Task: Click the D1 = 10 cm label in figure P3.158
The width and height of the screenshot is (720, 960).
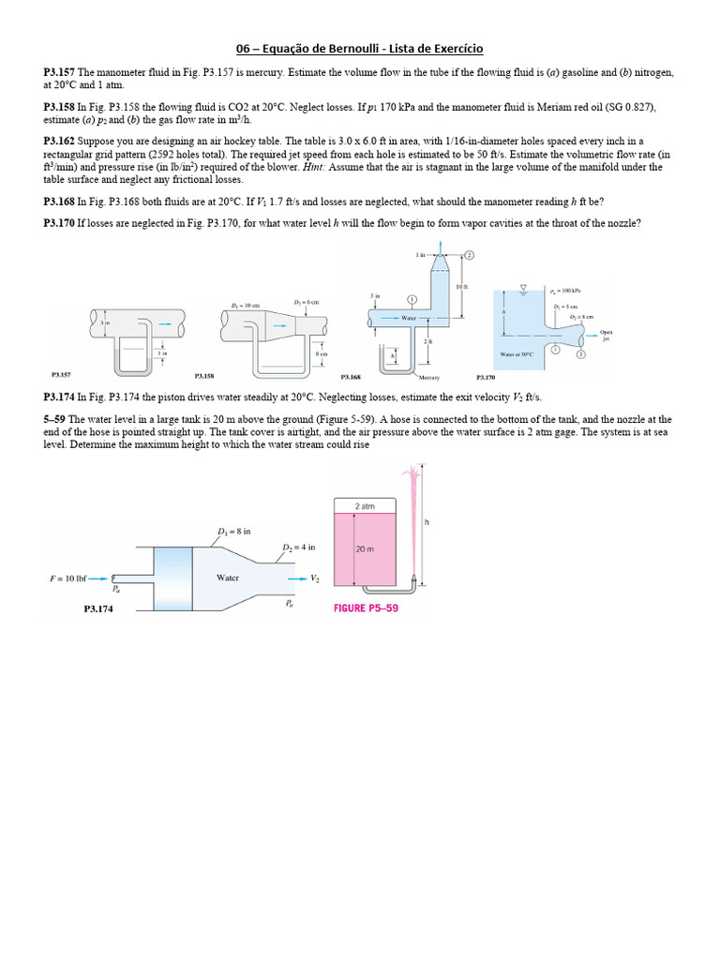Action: (x=246, y=305)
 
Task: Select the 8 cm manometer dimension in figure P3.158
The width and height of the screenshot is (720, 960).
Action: (x=322, y=354)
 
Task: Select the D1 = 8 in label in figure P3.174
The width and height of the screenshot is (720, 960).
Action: (x=235, y=532)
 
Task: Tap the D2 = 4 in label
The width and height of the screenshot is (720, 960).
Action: (x=298, y=547)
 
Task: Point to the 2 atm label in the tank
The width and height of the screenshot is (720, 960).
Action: (x=365, y=505)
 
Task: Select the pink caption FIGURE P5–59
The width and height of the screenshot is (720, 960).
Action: (x=367, y=607)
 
